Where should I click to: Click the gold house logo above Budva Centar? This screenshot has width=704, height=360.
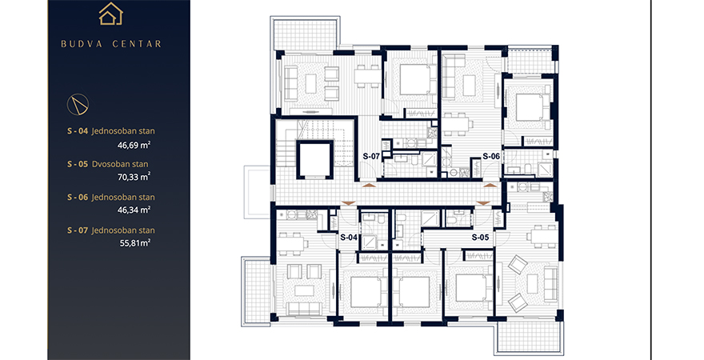[x=111, y=14]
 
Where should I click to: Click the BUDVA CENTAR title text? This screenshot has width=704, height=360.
[x=111, y=44]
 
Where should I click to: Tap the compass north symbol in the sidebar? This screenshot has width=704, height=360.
[x=78, y=105]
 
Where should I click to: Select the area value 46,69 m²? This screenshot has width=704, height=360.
[x=134, y=145]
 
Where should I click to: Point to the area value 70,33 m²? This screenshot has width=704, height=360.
[x=134, y=177]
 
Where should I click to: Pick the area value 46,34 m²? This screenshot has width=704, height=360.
[x=134, y=210]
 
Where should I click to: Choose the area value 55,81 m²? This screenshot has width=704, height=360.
[x=134, y=243]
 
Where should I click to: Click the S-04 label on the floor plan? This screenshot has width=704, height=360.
[x=349, y=238]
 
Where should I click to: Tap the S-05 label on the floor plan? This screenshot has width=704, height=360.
[x=480, y=237]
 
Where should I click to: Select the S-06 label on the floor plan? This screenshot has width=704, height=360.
[x=491, y=156]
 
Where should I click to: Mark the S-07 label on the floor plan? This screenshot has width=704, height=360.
[x=371, y=156]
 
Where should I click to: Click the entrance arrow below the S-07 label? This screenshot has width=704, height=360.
[x=368, y=185]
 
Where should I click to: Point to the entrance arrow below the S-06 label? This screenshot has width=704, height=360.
[x=490, y=185]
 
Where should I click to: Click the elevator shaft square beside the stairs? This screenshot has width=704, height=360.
[x=314, y=160]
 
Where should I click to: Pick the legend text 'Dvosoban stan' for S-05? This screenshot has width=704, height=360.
[x=120, y=164]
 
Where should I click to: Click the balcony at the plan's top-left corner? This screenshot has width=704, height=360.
[x=305, y=33]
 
